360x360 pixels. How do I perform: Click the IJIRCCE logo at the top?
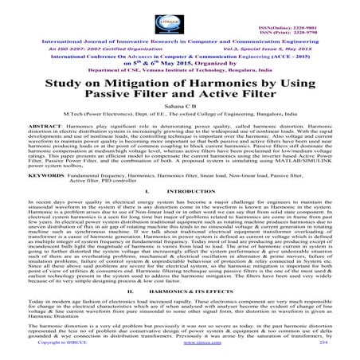click(x=180, y=18)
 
